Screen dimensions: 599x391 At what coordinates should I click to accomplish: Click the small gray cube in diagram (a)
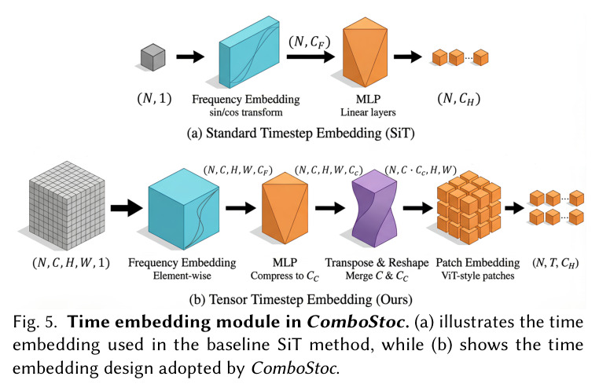pyautogui.click(x=153, y=57)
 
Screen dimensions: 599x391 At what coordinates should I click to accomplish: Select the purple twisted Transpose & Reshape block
pyautogui.click(x=374, y=208)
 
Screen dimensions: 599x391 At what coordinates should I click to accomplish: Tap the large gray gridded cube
pyautogui.click(x=68, y=206)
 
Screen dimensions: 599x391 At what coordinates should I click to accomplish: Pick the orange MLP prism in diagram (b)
pyautogui.click(x=285, y=208)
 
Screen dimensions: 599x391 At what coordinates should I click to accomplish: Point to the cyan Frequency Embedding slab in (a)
pyautogui.click(x=249, y=53)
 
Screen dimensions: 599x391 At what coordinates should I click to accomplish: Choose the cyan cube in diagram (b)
pyautogui.click(x=184, y=209)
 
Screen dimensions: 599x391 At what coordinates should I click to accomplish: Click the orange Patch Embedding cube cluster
pyautogui.click(x=469, y=207)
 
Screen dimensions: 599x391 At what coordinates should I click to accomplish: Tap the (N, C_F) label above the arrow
pyautogui.click(x=310, y=42)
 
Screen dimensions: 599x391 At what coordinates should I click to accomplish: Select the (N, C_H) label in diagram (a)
pyautogui.click(x=459, y=99)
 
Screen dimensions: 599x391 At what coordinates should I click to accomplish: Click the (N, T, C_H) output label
pyautogui.click(x=555, y=263)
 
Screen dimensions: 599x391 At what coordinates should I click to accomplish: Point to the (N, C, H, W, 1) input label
pyautogui.click(x=71, y=263)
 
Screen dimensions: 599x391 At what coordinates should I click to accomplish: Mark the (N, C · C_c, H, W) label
pyautogui.click(x=421, y=170)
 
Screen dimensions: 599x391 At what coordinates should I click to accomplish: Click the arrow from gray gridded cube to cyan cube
pyautogui.click(x=127, y=208)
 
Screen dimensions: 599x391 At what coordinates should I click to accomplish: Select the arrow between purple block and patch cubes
pyautogui.click(x=418, y=208)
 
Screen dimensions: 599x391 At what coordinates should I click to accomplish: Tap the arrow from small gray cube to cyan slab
pyautogui.click(x=190, y=57)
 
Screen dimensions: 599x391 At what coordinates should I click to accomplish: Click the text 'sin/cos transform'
pyautogui.click(x=245, y=112)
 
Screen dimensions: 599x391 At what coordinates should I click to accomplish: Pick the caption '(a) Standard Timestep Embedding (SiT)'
pyautogui.click(x=300, y=133)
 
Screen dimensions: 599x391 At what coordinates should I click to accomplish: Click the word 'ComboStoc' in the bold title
pyautogui.click(x=358, y=322)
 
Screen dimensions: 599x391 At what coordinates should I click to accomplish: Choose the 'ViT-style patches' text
pyautogui.click(x=477, y=276)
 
